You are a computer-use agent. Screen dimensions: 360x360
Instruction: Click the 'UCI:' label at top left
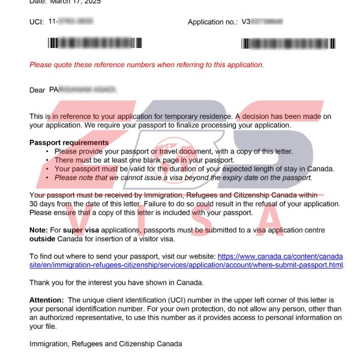(37, 22)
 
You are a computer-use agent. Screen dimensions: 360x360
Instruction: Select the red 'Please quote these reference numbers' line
(146, 65)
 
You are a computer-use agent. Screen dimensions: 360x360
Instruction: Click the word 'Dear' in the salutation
(37, 90)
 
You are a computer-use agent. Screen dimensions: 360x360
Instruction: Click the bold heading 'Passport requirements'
(69, 143)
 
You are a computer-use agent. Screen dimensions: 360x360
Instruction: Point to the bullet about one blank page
(144, 160)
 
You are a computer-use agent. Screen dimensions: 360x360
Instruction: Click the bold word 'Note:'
(39, 230)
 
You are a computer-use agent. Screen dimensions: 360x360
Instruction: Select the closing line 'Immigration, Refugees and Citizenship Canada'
(106, 344)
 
